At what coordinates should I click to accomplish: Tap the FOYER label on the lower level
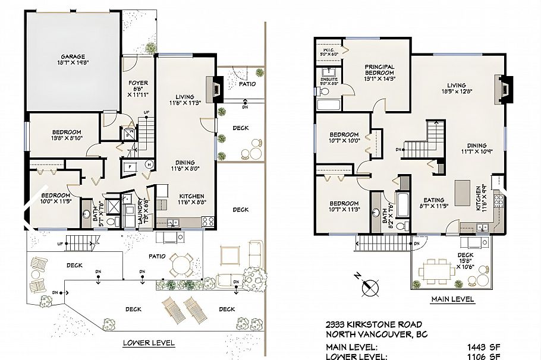(x=138, y=83)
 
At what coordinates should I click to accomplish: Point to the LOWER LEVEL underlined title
(x=149, y=343)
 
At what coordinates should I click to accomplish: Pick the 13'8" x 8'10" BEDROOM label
(x=59, y=135)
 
